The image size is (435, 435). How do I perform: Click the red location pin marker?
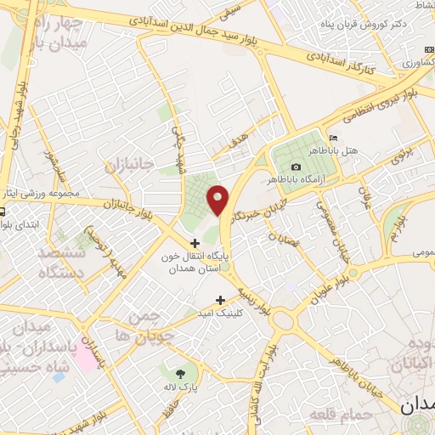coord(219,200)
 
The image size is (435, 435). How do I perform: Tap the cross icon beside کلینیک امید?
coord(221,299)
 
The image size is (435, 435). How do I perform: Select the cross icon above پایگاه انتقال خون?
coord(196,244)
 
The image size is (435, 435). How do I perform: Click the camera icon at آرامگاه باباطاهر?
coord(296,167)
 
